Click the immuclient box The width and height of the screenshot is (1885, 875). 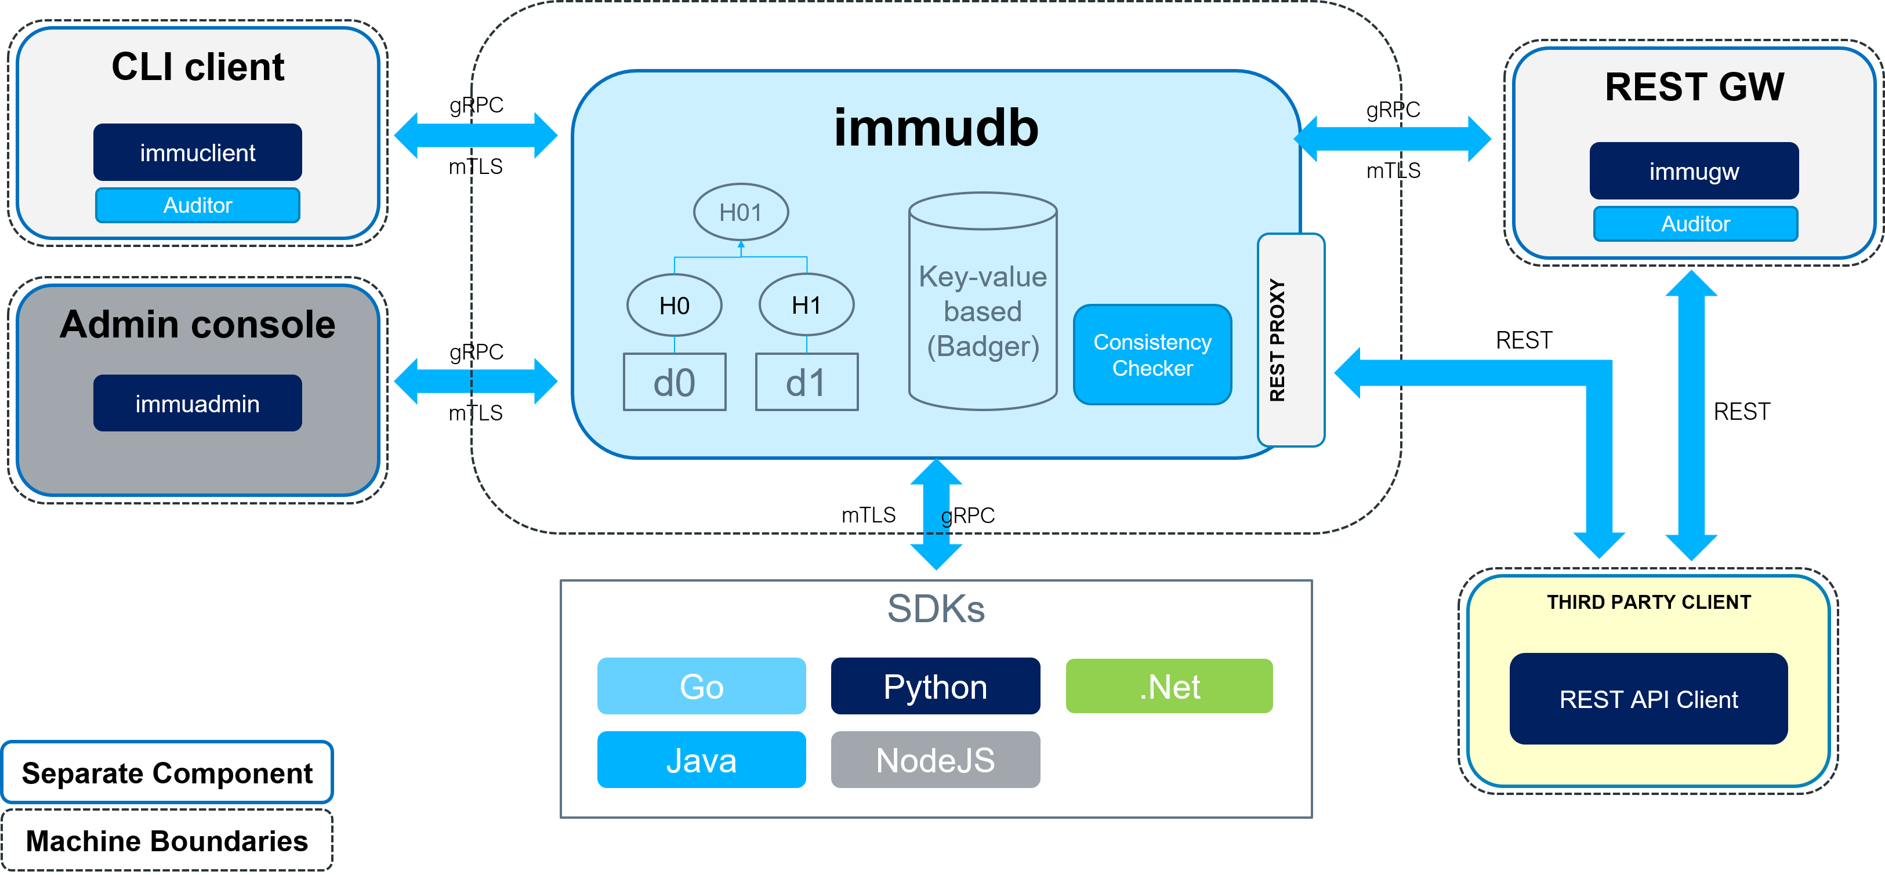[198, 152]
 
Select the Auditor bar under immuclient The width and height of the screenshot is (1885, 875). [198, 205]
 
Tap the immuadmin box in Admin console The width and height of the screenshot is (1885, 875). [198, 403]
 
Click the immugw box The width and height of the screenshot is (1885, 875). [1694, 171]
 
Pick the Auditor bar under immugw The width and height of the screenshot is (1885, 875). [1695, 224]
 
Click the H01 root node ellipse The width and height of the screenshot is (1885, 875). [741, 212]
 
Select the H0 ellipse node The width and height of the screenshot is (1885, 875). [674, 305]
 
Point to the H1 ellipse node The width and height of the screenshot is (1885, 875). [806, 305]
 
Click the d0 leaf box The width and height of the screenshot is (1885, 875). [674, 382]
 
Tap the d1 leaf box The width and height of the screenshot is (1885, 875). [806, 382]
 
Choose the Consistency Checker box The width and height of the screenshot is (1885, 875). [1152, 355]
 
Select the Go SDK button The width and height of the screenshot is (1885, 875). [701, 686]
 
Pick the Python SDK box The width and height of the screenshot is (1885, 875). [935, 686]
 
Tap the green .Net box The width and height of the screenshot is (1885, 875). [1169, 686]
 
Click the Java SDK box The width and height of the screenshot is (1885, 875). [701, 760]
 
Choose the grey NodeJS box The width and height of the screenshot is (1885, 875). [935, 760]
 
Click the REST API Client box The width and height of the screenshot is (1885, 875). [1648, 699]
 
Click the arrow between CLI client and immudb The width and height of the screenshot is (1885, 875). [476, 135]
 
